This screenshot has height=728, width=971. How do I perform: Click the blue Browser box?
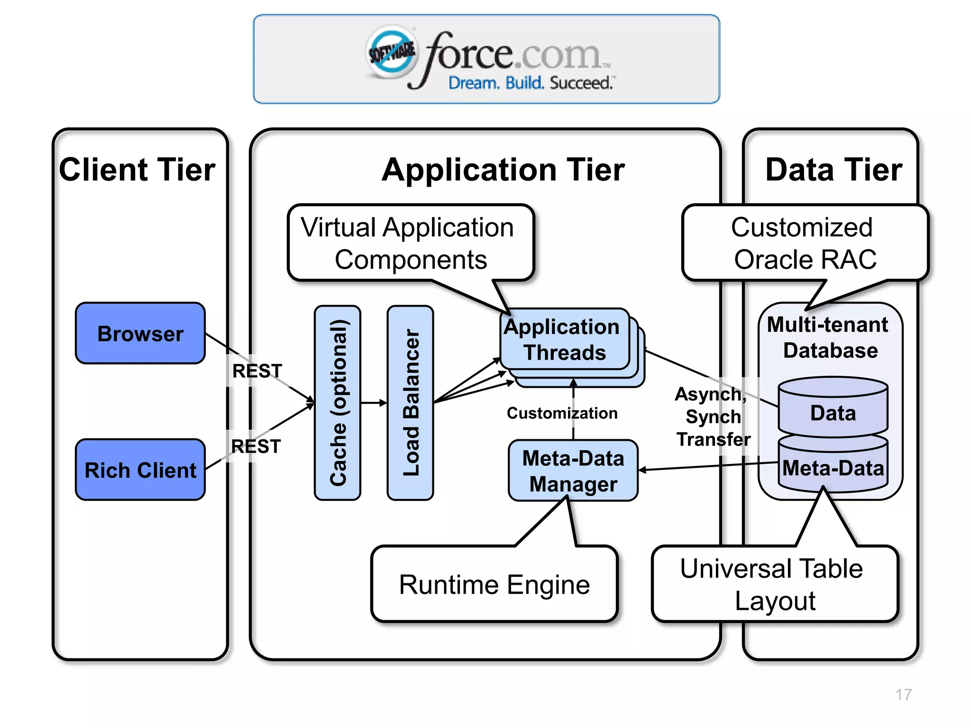(140, 333)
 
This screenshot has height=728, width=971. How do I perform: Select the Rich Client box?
(140, 470)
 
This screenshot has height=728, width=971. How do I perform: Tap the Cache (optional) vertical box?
(338, 403)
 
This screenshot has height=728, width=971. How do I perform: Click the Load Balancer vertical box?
(410, 403)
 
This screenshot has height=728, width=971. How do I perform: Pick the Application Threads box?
(564, 339)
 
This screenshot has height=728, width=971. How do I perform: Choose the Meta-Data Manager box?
(573, 471)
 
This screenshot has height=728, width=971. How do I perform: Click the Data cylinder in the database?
(833, 412)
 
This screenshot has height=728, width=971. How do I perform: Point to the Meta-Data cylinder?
(833, 468)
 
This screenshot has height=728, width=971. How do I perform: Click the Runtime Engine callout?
(494, 584)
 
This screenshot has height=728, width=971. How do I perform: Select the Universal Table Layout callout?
(774, 584)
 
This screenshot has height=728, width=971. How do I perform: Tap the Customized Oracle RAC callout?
(804, 243)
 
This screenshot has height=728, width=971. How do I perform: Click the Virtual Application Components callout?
(410, 243)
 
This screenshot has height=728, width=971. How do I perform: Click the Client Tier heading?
(137, 170)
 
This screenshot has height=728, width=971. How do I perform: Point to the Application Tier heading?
(503, 170)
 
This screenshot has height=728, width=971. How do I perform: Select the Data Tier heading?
(834, 170)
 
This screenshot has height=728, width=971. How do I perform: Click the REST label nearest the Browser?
(257, 371)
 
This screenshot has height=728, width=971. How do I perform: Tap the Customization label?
(562, 413)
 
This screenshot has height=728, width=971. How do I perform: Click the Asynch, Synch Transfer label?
(713, 417)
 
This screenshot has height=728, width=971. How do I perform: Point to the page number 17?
(903, 694)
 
